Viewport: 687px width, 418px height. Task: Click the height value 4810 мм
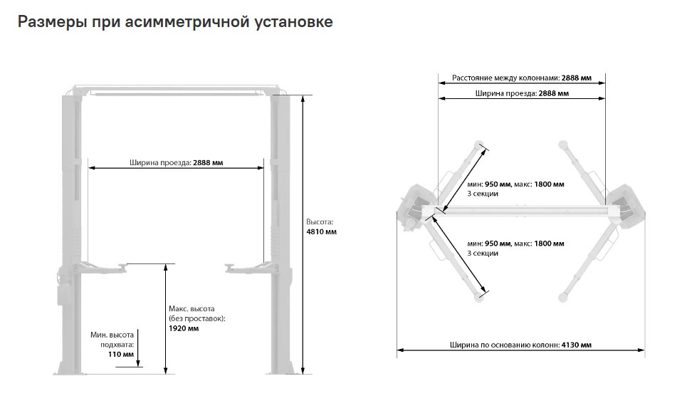click(x=322, y=231)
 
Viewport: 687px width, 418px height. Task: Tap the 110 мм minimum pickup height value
click(x=121, y=354)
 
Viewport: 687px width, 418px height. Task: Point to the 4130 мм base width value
click(x=576, y=345)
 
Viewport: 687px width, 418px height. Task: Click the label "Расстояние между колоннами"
click(x=505, y=78)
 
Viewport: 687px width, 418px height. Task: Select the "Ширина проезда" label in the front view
click(x=160, y=163)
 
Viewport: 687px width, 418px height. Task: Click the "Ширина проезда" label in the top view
click(x=506, y=93)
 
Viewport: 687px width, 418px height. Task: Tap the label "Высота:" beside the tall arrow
click(x=320, y=222)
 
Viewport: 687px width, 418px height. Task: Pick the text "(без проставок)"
click(x=197, y=318)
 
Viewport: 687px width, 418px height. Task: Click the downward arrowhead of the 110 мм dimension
click(x=137, y=362)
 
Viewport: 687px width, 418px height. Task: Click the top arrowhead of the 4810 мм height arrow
click(x=303, y=98)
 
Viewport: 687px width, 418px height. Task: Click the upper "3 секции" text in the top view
click(x=483, y=194)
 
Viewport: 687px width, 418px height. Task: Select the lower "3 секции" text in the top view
click(x=483, y=254)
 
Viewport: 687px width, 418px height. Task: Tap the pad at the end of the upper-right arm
click(x=563, y=144)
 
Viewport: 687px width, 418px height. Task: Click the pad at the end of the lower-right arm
click(x=563, y=298)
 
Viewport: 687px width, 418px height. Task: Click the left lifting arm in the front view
click(x=100, y=268)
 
